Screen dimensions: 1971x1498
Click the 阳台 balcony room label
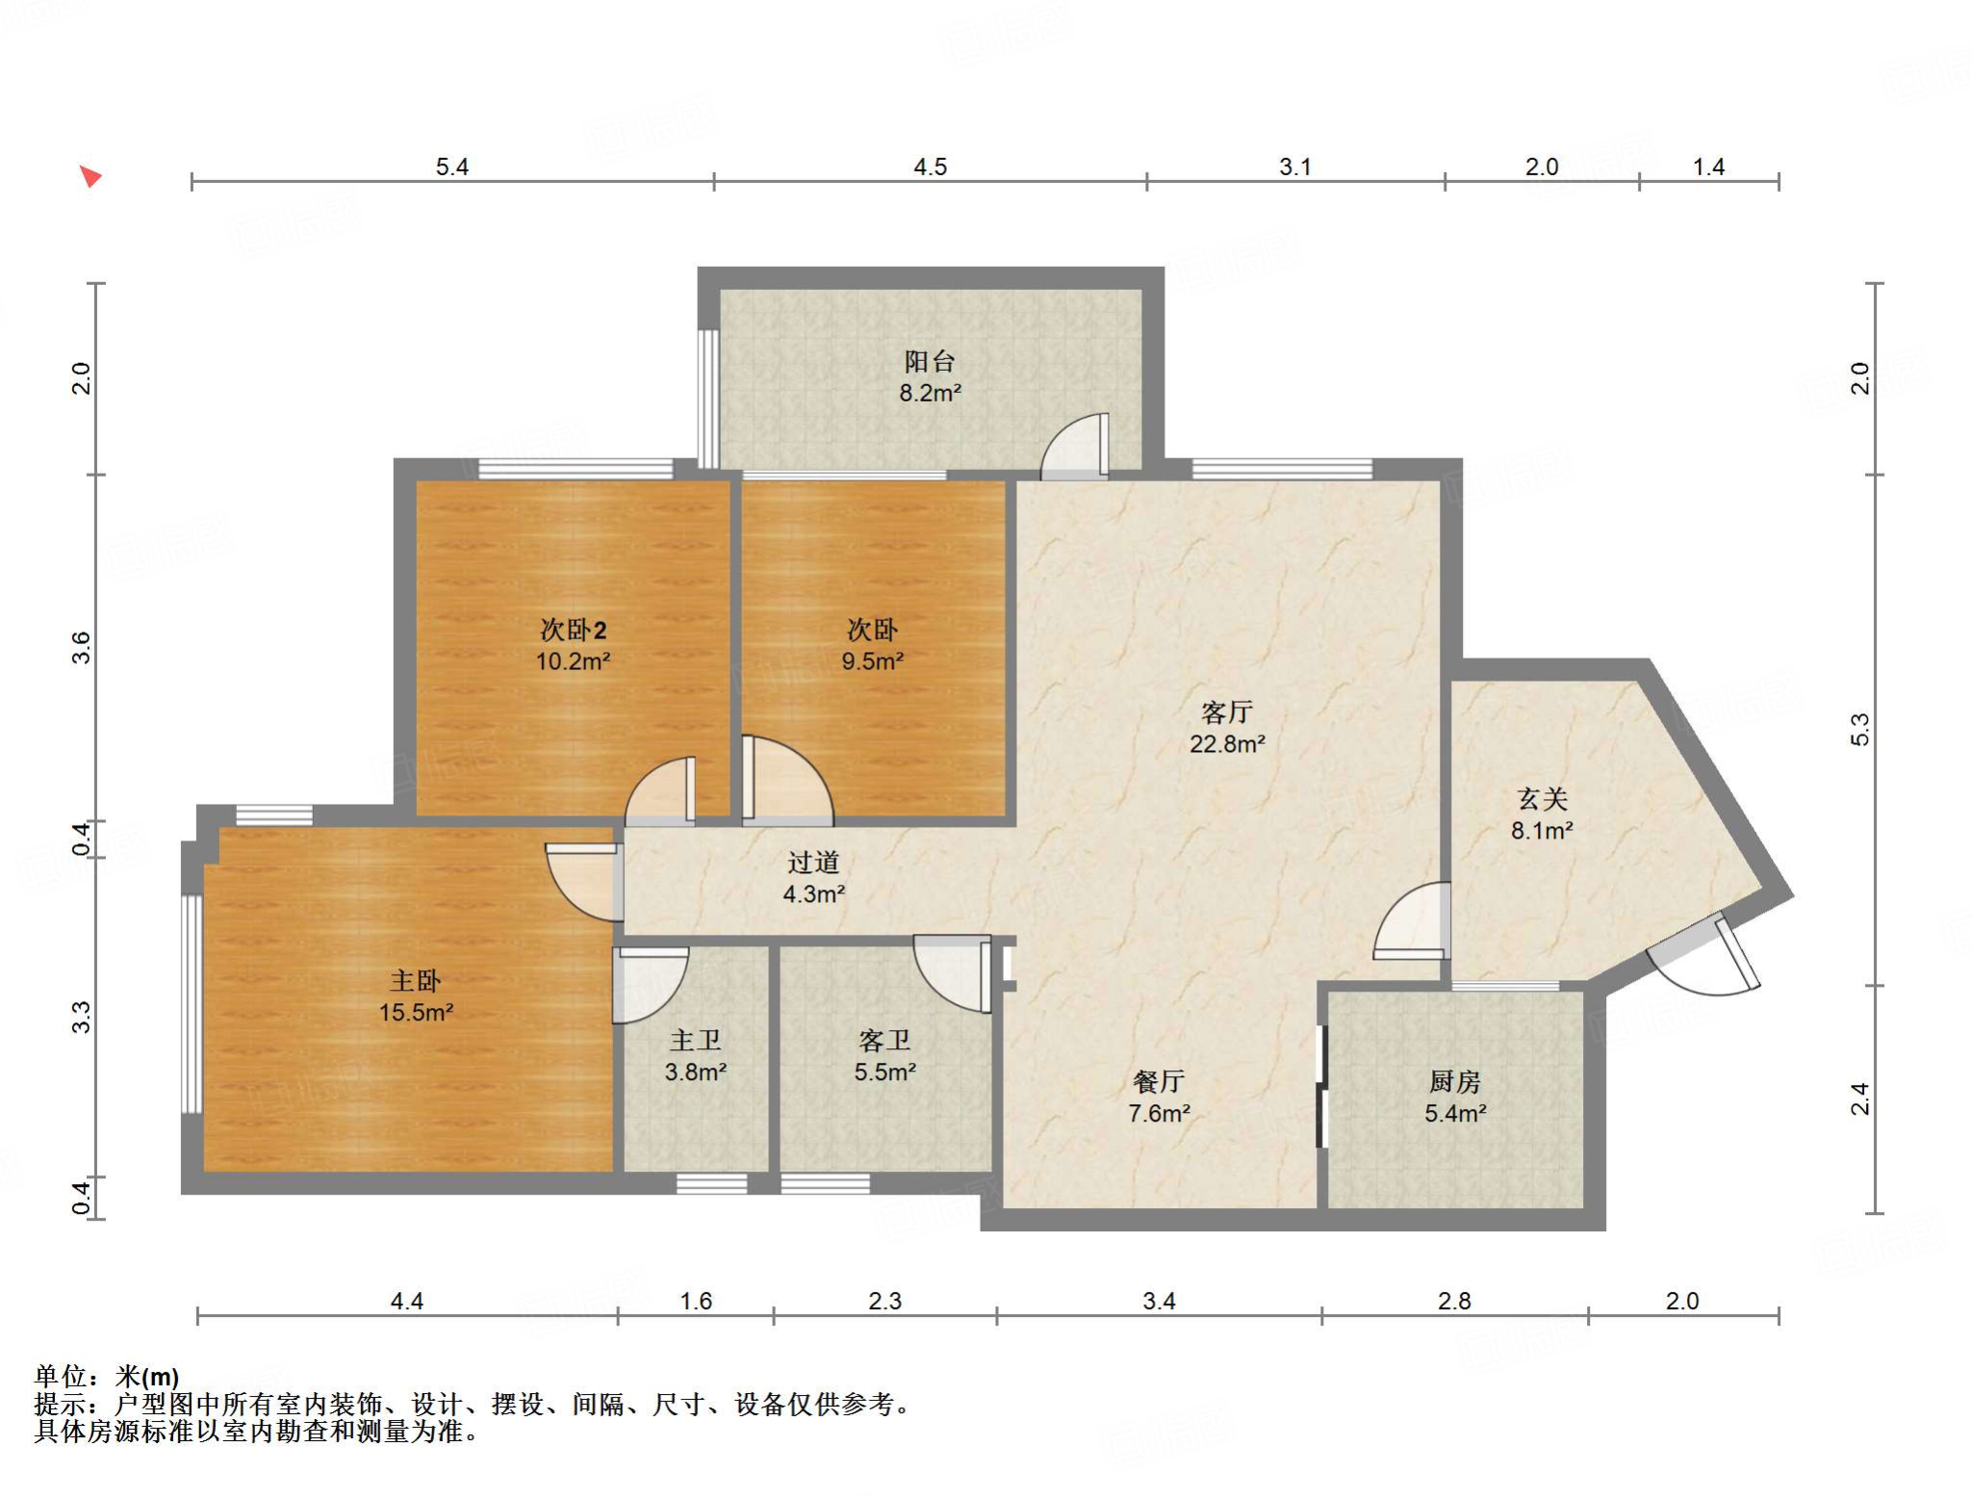coord(930,361)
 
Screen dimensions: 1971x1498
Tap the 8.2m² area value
coord(931,393)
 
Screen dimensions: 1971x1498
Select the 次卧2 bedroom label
coord(573,630)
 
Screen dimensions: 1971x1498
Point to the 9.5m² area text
coord(872,661)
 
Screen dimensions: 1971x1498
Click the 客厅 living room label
coord(1227,712)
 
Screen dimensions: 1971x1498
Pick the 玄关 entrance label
coord(1543,799)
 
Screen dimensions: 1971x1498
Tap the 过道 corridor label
coord(813,863)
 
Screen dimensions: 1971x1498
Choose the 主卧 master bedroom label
coord(416,981)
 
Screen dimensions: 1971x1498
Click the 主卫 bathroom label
coord(695,1041)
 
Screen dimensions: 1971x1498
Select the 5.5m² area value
coord(884,1072)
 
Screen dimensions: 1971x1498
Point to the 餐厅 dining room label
coord(1159,1082)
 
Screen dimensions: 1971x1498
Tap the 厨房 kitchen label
coord(1454,1082)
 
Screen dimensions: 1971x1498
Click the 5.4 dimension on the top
coord(451,167)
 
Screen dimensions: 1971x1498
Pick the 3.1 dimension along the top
coord(1294,167)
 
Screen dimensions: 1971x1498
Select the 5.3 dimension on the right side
coord(1860,729)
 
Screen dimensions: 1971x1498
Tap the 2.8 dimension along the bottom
coord(1453,1302)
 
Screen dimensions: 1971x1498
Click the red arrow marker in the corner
coord(90,176)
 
